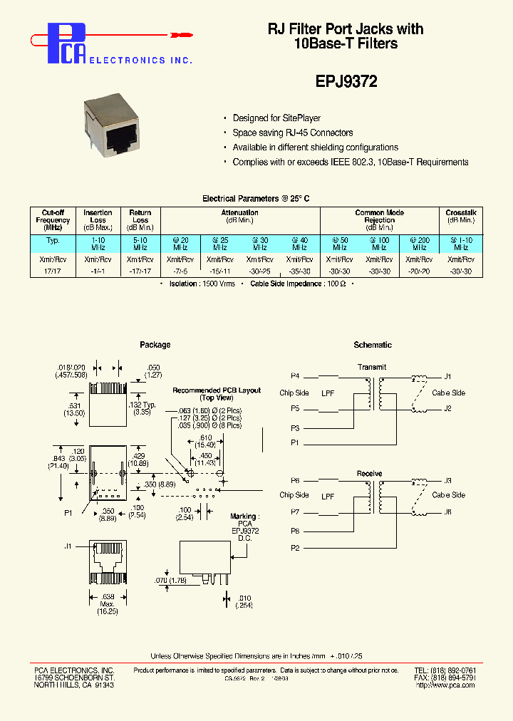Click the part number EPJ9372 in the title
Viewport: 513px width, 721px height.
pyautogui.click(x=346, y=81)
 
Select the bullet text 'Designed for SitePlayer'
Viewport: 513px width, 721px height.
pyautogui.click(x=276, y=118)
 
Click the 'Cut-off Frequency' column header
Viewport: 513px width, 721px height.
pyautogui.click(x=53, y=219)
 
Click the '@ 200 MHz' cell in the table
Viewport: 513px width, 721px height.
pyautogui.click(x=419, y=244)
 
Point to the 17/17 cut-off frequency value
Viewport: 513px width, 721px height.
pyautogui.click(x=53, y=271)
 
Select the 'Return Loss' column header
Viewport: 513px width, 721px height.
pyautogui.click(x=140, y=216)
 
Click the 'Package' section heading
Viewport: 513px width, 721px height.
pyautogui.click(x=155, y=345)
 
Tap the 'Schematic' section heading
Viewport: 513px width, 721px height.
pyautogui.click(x=373, y=345)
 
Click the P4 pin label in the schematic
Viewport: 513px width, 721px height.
pyautogui.click(x=295, y=375)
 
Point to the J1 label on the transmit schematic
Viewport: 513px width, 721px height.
pyautogui.click(x=447, y=375)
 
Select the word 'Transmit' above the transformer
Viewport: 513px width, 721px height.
pyautogui.click(x=372, y=368)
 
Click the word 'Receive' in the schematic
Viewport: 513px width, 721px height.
pyautogui.click(x=369, y=473)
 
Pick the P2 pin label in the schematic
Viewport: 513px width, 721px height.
pyautogui.click(x=295, y=547)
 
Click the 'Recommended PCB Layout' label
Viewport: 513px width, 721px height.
pyautogui.click(x=217, y=390)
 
